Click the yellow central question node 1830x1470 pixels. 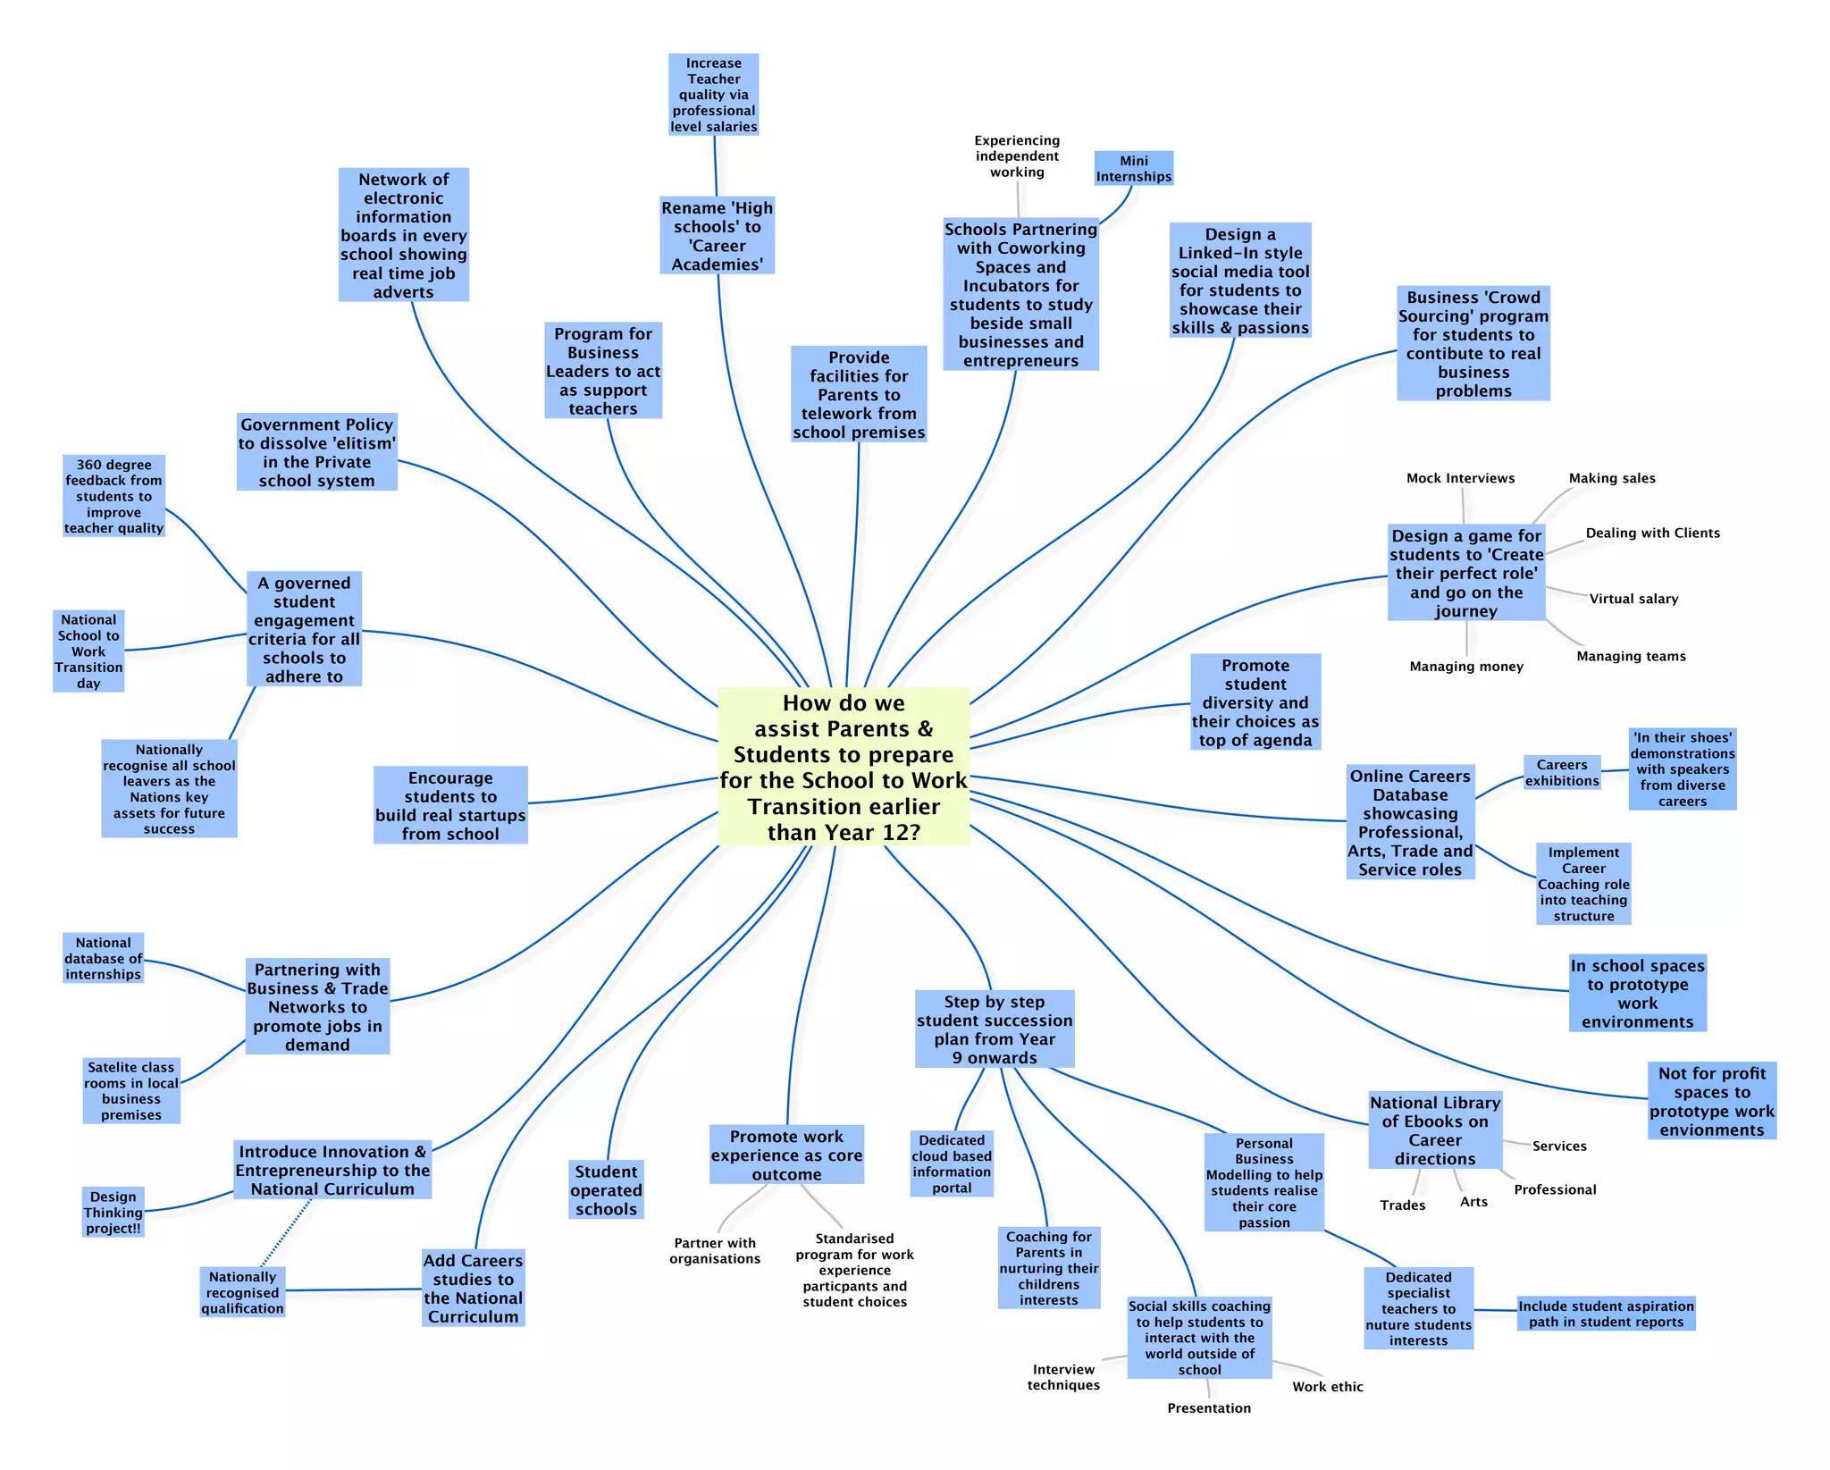pos(844,767)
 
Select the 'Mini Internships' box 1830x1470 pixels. pos(1133,168)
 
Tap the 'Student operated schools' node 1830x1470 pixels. pos(606,1189)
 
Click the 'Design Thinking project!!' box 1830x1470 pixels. pos(113,1212)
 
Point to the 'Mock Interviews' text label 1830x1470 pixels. pos(1460,478)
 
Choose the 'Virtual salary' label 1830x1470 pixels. pos(1633,599)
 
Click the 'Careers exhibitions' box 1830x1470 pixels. pos(1562,773)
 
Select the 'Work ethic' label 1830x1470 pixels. pos(1327,1387)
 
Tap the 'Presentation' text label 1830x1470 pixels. pos(1209,1408)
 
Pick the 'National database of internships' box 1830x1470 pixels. pos(103,958)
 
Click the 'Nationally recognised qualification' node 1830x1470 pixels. pos(242,1292)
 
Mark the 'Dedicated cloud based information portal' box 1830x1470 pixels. pos(952,1163)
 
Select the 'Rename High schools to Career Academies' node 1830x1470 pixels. pos(717,236)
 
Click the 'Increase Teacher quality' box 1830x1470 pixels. pos(713,95)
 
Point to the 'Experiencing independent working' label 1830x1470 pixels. pos(1017,156)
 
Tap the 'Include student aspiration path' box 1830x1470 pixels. pos(1606,1314)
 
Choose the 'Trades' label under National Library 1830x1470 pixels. pos(1402,1205)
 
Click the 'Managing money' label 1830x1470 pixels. pos(1466,667)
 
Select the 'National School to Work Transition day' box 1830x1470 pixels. pos(88,651)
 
